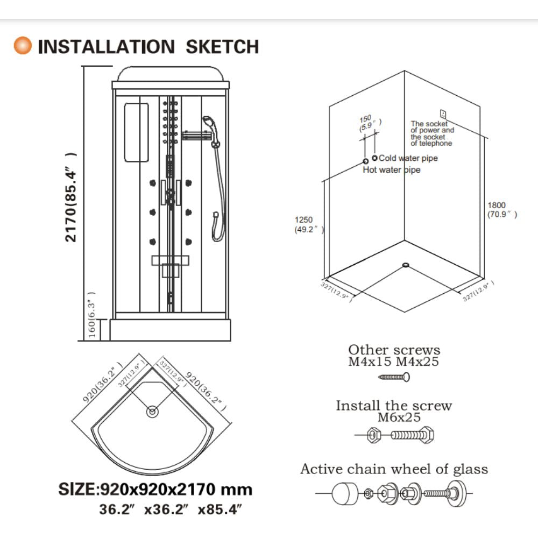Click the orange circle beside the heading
click(23, 46)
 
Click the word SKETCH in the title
click(222, 47)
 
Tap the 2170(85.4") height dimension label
click(70, 197)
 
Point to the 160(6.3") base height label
click(91, 315)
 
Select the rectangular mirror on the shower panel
click(137, 132)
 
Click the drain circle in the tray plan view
click(152, 411)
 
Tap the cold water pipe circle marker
click(374, 158)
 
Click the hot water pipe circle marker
click(366, 161)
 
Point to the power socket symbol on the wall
click(443, 114)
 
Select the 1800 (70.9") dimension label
click(502, 210)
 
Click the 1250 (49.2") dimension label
click(309, 225)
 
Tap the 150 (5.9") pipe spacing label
click(370, 123)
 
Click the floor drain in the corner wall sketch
click(406, 265)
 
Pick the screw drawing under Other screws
click(394, 377)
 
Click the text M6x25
click(399, 417)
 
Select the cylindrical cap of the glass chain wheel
click(345, 493)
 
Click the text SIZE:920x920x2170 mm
click(155, 489)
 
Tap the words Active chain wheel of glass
click(394, 469)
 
